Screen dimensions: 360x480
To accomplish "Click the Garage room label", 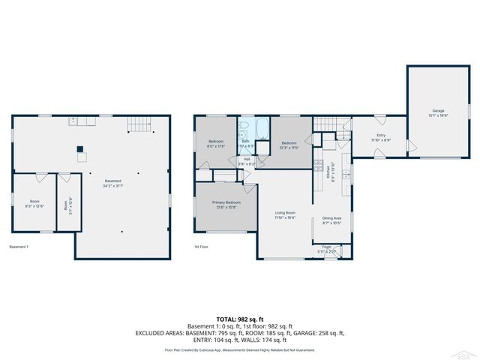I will click(438, 112).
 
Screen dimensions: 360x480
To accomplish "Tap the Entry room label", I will click(380, 138).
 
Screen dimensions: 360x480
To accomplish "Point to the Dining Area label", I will click(331, 220).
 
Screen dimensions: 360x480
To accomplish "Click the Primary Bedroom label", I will click(226, 205).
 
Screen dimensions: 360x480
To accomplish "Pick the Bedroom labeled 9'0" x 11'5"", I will click(215, 144).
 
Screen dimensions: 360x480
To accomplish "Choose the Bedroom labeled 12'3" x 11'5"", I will click(289, 145).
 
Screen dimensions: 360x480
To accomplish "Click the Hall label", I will click(247, 160).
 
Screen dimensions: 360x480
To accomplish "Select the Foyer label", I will click(326, 248).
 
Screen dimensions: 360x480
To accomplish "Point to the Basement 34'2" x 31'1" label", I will click(113, 182).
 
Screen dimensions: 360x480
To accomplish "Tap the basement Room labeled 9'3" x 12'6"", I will click(34, 203).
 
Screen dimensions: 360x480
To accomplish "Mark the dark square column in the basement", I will click(80, 148).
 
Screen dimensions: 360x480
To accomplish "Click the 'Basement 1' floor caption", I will click(19, 247).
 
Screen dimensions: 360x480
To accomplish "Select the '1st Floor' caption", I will click(201, 247).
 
